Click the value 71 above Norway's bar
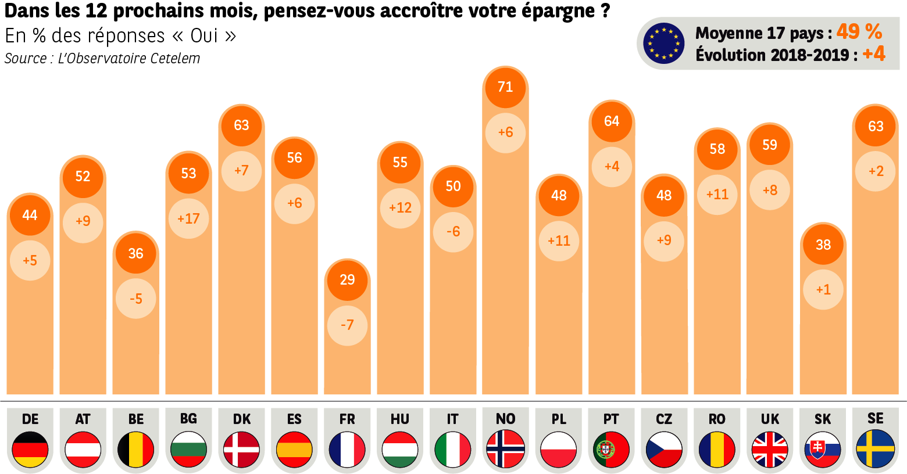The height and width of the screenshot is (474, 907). coord(505,87)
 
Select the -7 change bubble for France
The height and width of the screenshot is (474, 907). coord(347,325)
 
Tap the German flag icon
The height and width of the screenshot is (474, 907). coord(30,449)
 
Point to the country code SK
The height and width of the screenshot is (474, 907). coord(823,419)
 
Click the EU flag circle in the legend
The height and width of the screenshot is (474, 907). coord(663,44)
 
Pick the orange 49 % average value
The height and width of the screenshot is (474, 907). coord(859,32)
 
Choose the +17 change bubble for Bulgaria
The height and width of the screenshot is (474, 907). coord(188,218)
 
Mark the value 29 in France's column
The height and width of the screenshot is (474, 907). coord(347,280)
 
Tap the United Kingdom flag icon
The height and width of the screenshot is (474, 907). coord(770,449)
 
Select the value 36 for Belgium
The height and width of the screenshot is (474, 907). coord(135,253)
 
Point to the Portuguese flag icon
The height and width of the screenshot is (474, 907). coord(611,449)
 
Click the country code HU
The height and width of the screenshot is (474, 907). coord(400,419)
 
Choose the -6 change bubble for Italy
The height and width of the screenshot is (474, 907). coord(453,231)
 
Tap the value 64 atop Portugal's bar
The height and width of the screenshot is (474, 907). coord(611,121)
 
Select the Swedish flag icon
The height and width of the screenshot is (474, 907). coord(876,449)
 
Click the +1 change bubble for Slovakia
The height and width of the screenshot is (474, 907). coord(823,289)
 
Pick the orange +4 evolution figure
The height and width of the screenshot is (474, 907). coord(873,54)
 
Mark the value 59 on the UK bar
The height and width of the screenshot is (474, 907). coord(770,145)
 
